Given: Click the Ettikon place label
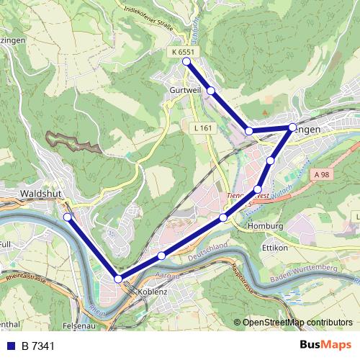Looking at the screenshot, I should pyautogui.click(x=274, y=247).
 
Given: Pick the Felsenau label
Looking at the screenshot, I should pyautogui.click(x=79, y=325).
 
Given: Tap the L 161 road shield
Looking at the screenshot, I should pyautogui.click(x=203, y=127).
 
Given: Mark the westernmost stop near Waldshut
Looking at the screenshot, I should pyautogui.click(x=68, y=217).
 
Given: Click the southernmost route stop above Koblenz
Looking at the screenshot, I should pyautogui.click(x=118, y=279).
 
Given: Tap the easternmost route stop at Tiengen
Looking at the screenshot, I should pyautogui.click(x=292, y=127).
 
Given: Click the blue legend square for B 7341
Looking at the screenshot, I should pyautogui.click(x=10, y=346).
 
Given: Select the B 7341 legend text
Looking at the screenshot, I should pyautogui.click(x=38, y=346).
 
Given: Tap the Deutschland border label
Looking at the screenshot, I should pyautogui.click(x=207, y=252).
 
